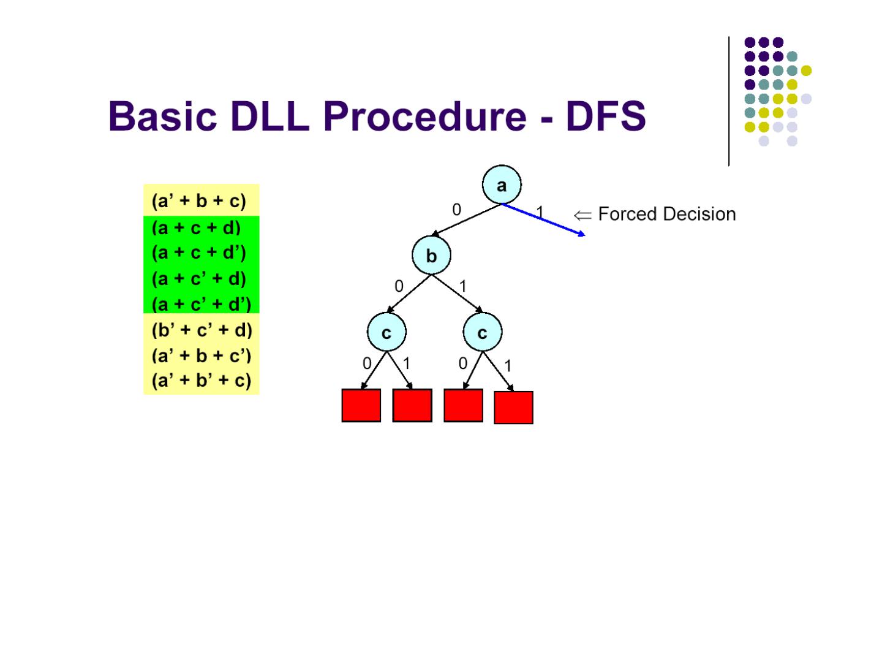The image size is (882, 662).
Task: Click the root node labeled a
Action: tap(502, 185)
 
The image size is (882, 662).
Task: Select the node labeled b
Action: tap(431, 256)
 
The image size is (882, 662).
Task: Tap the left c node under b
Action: tap(386, 332)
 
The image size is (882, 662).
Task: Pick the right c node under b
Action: tap(482, 332)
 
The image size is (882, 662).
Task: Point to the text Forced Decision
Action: tap(666, 214)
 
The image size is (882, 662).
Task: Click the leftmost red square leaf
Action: tap(361, 405)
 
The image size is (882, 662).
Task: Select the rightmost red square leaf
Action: tap(513, 407)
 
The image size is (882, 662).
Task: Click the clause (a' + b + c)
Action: tap(198, 201)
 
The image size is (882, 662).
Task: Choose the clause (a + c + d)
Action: tap(196, 228)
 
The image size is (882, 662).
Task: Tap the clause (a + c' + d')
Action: tap(201, 304)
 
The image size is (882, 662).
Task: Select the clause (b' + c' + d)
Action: tap(202, 330)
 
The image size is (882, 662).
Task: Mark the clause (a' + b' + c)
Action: tap(201, 381)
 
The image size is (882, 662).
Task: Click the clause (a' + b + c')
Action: tap(201, 356)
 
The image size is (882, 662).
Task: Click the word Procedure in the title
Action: tap(424, 116)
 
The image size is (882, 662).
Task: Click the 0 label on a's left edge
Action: tap(456, 210)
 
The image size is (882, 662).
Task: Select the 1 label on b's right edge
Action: tap(463, 286)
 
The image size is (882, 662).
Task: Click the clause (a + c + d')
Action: tap(198, 253)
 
